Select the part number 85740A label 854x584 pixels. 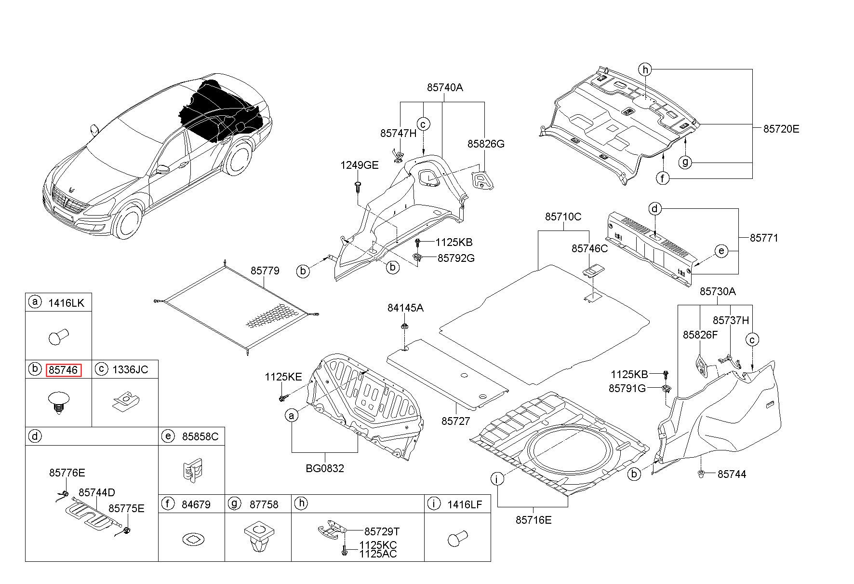pos(444,87)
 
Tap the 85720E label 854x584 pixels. pos(781,129)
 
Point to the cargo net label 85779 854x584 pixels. pos(265,271)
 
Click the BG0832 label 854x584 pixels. pos(325,468)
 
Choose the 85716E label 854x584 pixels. pos(534,520)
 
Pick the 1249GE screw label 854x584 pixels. pos(360,165)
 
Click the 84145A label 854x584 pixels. pos(405,308)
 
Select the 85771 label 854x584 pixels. pos(764,238)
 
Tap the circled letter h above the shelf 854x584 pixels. pos(645,69)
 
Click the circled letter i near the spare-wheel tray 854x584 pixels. pos(497,479)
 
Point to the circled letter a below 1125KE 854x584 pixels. pos(291,415)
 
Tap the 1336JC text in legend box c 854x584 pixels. pos(130,370)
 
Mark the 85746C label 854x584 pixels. pos(590,248)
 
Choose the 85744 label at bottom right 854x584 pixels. pos(732,475)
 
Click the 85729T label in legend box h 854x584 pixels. pos(382,531)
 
